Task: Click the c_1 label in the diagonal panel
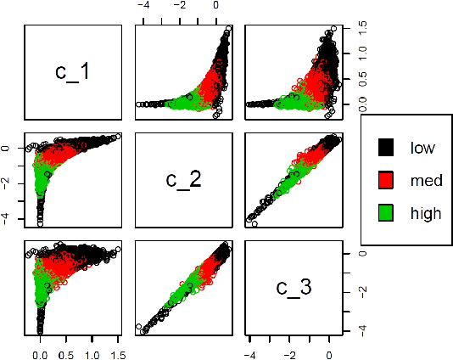coord(74,71)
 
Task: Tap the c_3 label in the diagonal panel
coord(293,288)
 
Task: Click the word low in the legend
coord(422,148)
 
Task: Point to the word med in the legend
coord(424,180)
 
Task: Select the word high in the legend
coord(425,212)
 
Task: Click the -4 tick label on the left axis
coord(7,218)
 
